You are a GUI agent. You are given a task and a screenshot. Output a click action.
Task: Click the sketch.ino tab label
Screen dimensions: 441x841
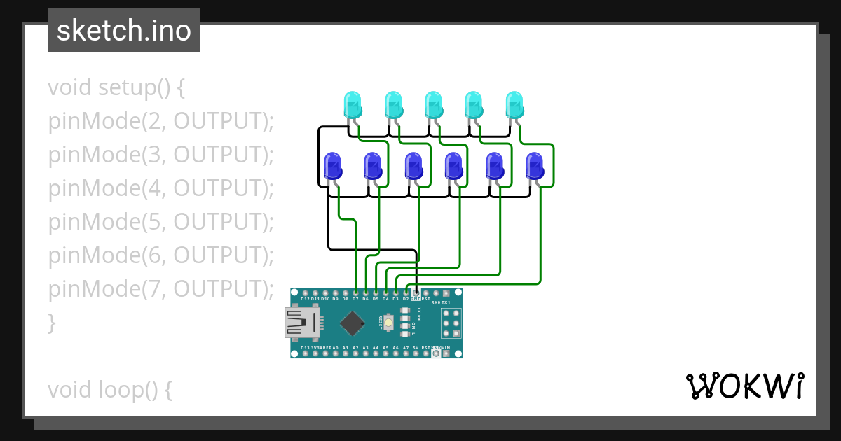pyautogui.click(x=124, y=31)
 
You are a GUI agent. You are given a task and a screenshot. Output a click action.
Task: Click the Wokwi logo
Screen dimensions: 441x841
pyautogui.click(x=744, y=386)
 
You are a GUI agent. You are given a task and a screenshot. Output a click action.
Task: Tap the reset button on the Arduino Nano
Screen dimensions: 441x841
pyautogui.click(x=388, y=323)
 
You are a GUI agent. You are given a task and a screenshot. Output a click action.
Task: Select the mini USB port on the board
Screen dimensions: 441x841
pyautogui.click(x=302, y=323)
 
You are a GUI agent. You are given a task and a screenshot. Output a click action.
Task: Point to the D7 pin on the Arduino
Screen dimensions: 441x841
pyautogui.click(x=355, y=293)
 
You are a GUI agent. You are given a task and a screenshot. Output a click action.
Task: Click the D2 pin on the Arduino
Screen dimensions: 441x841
pyautogui.click(x=406, y=293)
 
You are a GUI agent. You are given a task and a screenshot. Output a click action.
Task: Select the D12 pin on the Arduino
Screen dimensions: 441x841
pyautogui.click(x=305, y=293)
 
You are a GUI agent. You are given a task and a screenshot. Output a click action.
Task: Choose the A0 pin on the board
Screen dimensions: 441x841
pyautogui.click(x=335, y=353)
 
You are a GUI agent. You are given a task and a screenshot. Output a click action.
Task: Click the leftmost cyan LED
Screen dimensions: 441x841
pyautogui.click(x=352, y=105)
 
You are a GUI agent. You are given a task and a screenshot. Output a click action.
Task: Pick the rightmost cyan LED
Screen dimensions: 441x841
pyautogui.click(x=514, y=105)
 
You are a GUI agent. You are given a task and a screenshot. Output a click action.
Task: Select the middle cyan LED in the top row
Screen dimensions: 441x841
pyautogui.click(x=433, y=105)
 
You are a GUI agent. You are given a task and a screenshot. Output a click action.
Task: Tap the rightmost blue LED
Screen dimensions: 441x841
pyautogui.click(x=535, y=167)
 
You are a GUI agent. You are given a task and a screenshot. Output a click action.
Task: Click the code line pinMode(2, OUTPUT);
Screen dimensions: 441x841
pyautogui.click(x=160, y=121)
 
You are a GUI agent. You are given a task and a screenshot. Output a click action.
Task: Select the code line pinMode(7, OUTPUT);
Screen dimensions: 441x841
pyautogui.click(x=160, y=289)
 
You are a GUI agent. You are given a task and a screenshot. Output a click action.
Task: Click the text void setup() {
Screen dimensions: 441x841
pyautogui.click(x=116, y=87)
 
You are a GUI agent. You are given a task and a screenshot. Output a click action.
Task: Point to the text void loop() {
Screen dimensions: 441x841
pyautogui.click(x=110, y=390)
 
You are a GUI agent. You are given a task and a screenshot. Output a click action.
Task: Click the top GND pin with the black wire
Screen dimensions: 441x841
pyautogui.click(x=416, y=293)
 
